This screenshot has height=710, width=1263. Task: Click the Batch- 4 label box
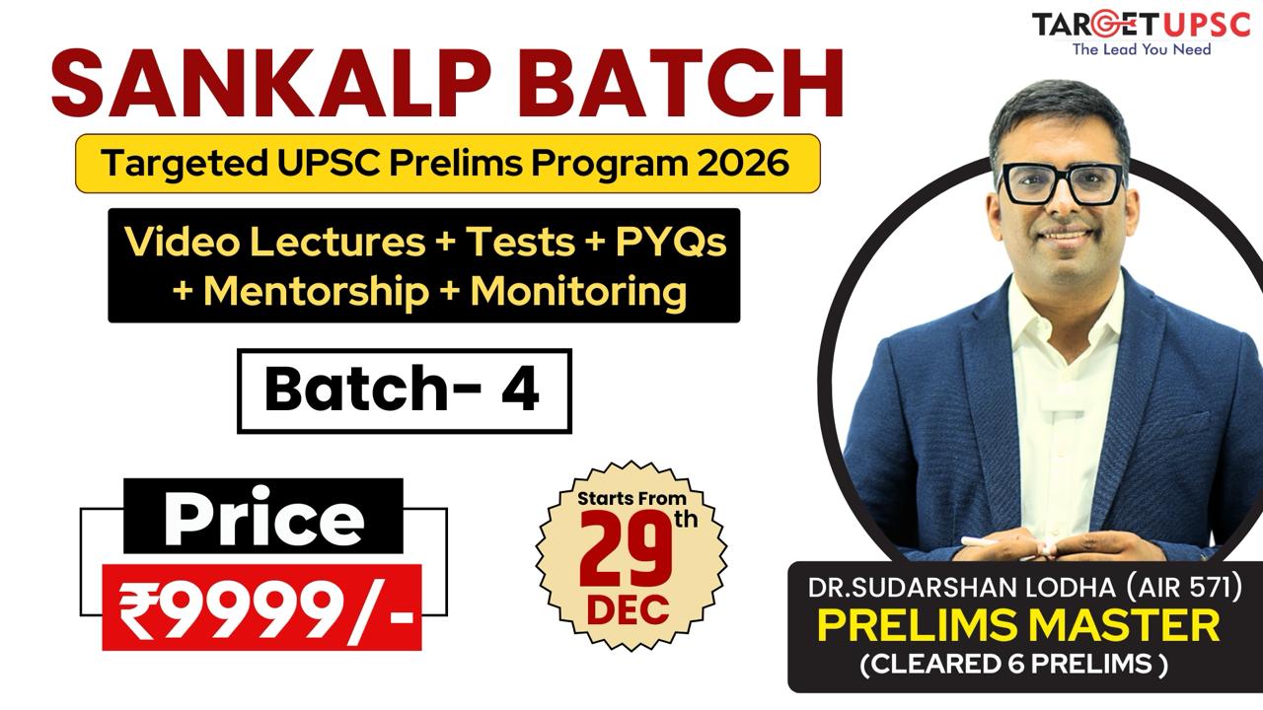click(x=404, y=390)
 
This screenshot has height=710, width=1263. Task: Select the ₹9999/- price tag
click(x=262, y=607)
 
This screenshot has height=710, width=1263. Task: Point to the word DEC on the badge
click(x=629, y=609)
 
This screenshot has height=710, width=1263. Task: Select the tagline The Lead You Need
click(x=1142, y=48)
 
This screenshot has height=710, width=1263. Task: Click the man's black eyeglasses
click(x=1062, y=183)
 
